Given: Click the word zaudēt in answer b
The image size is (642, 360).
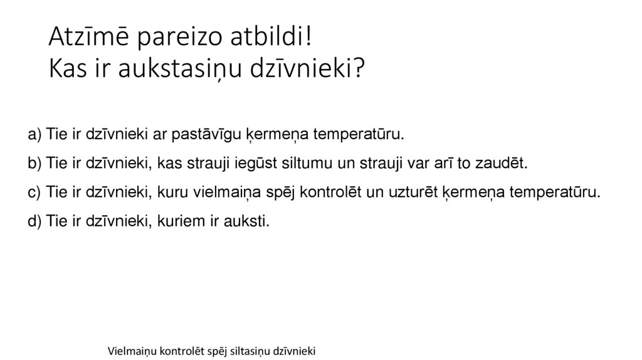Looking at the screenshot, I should (x=505, y=164).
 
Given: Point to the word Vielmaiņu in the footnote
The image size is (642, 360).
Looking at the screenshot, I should (x=131, y=350).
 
